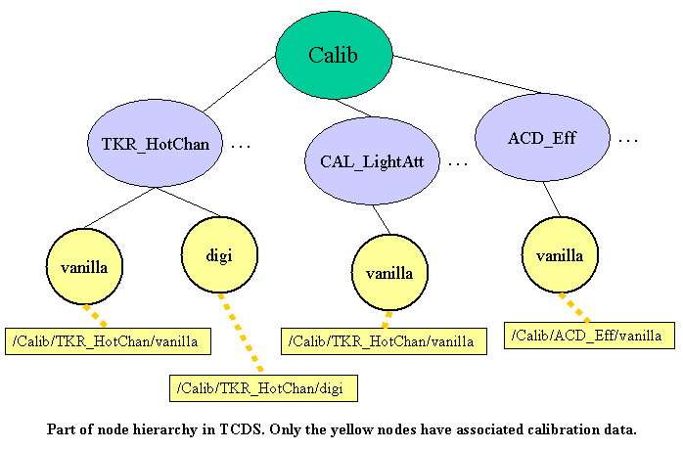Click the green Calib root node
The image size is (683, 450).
tap(333, 55)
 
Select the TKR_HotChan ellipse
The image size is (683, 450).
tap(156, 145)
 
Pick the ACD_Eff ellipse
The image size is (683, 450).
tap(541, 137)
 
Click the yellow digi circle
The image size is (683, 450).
tap(219, 255)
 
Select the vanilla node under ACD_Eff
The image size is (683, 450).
tap(560, 256)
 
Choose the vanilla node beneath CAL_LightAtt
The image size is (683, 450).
tap(389, 273)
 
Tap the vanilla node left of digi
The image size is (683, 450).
tap(84, 266)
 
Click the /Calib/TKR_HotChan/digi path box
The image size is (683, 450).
tap(263, 388)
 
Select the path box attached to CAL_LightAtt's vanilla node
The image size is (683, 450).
tap(384, 341)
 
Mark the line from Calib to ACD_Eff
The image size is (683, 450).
tap(470, 74)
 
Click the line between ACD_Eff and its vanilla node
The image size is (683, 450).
tap(552, 200)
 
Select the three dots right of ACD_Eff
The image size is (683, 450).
tap(628, 140)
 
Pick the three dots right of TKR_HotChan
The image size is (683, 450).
tap(241, 147)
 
